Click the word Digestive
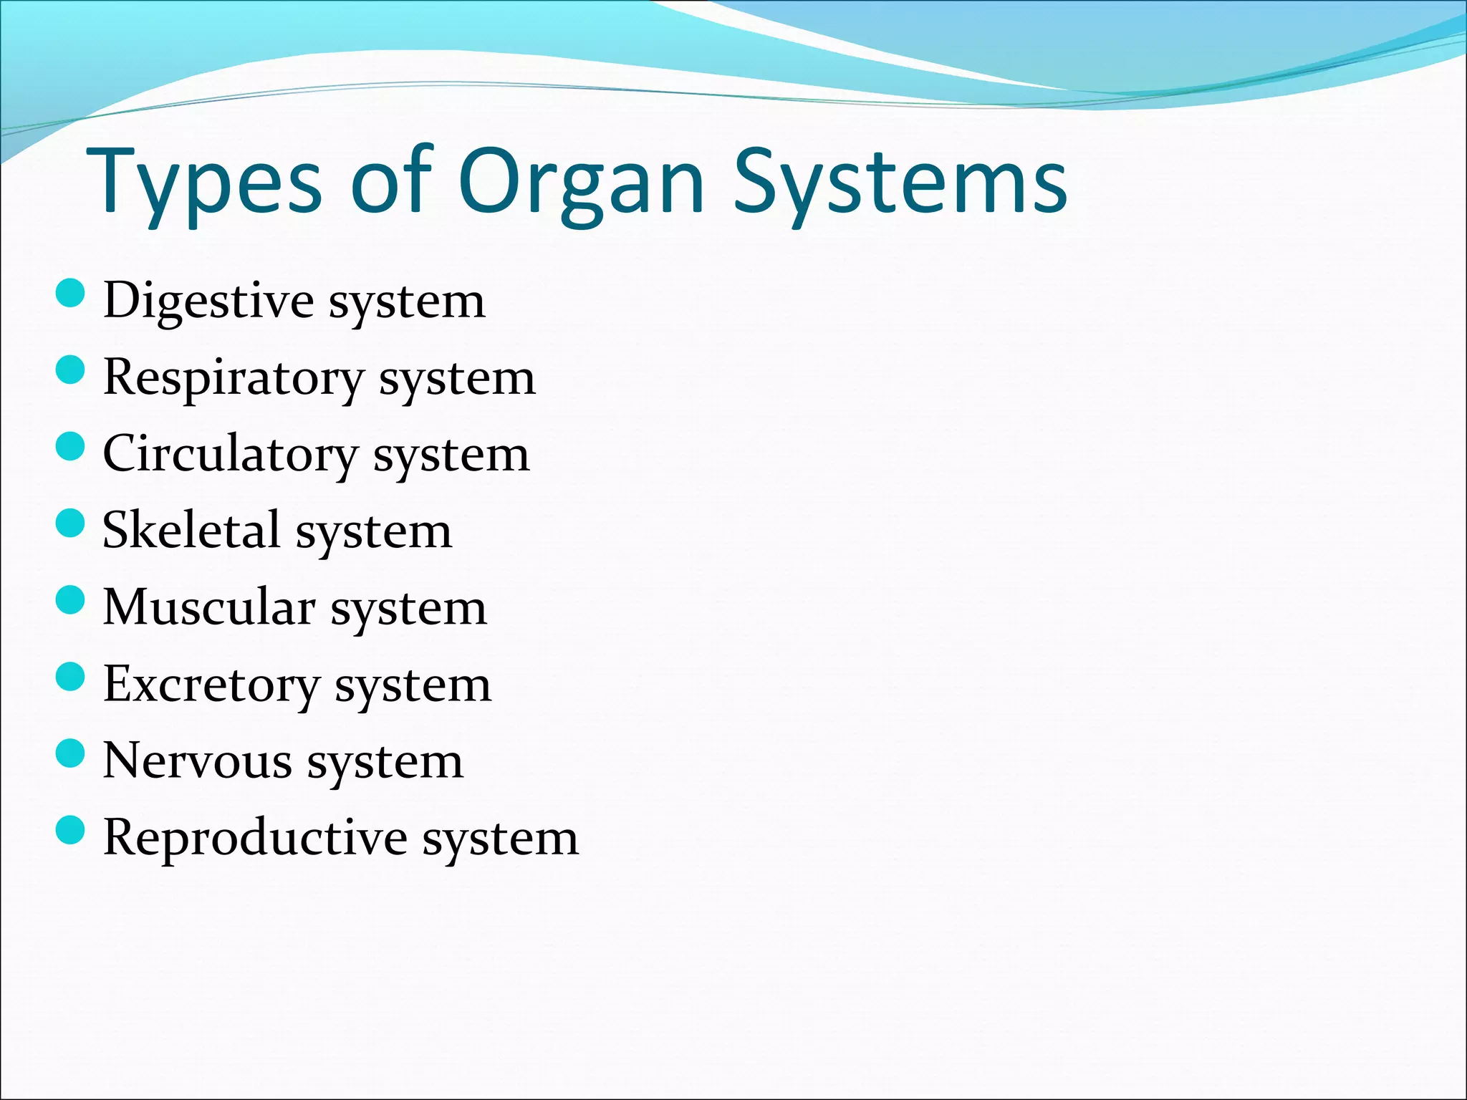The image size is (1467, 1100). pyautogui.click(x=208, y=301)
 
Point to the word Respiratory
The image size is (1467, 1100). pyautogui.click(x=234, y=378)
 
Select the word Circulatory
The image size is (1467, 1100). pyautogui.click(x=230, y=455)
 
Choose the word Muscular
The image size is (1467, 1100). pyautogui.click(x=208, y=608)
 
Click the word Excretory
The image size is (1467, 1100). pyautogui.click(x=211, y=685)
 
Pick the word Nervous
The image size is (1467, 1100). pyautogui.click(x=197, y=761)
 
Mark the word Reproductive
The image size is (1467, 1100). pyautogui.click(x=255, y=838)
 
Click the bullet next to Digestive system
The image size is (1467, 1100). pyautogui.click(x=70, y=294)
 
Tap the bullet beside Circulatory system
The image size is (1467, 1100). pyautogui.click(x=70, y=447)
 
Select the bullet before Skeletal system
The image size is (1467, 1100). pyautogui.click(x=70, y=524)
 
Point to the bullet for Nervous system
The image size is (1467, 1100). pyautogui.click(x=70, y=754)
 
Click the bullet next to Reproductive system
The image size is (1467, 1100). pyautogui.click(x=70, y=831)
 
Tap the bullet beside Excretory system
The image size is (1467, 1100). pyautogui.click(x=70, y=677)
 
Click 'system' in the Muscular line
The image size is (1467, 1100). pyautogui.click(x=408, y=611)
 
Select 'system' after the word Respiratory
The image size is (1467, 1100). pyautogui.click(x=457, y=380)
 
